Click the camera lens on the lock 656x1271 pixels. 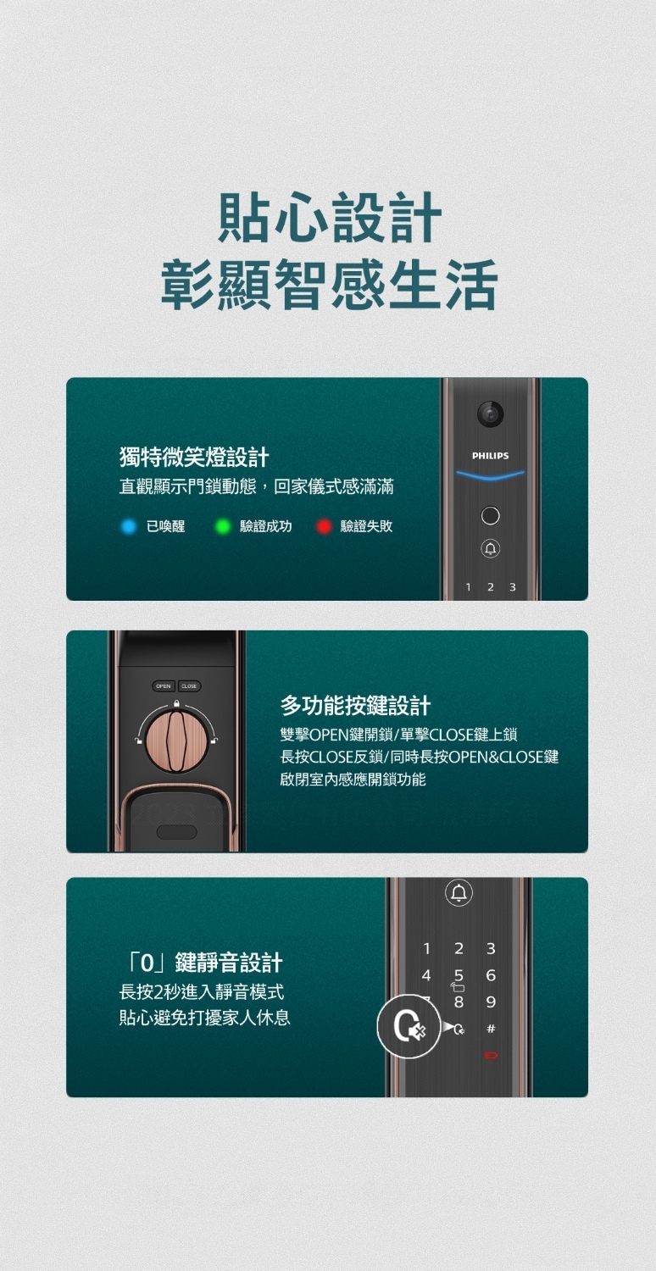[x=490, y=413]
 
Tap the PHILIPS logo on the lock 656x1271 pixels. [x=490, y=456]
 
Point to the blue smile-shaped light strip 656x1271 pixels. [x=490, y=475]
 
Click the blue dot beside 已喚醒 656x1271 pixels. [x=129, y=526]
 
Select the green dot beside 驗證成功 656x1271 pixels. [x=223, y=526]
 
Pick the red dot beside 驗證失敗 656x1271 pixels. [x=324, y=526]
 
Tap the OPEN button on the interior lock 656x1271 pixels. [x=164, y=685]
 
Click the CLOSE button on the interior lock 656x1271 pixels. [x=189, y=685]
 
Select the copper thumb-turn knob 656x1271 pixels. [x=176, y=741]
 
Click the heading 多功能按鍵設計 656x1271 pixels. [x=355, y=705]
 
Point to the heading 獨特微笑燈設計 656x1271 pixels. [x=194, y=458]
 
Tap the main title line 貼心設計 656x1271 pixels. [x=329, y=218]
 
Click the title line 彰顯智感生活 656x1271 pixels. [x=329, y=286]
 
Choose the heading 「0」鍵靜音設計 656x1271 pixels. [x=201, y=963]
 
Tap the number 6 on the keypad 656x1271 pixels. [x=491, y=975]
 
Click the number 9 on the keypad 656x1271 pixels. [x=491, y=1002]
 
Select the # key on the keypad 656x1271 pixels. [x=491, y=1029]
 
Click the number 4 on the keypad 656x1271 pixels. [x=426, y=975]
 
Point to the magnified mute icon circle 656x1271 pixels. [x=409, y=1029]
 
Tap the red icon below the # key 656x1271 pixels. [x=491, y=1056]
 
